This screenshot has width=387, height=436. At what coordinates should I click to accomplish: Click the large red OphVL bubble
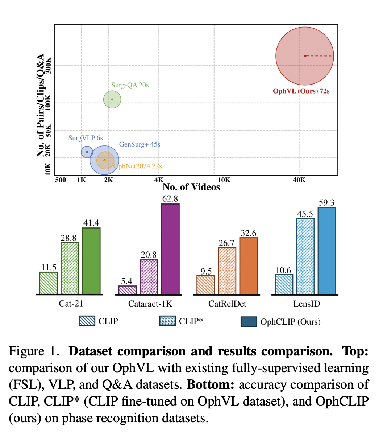tap(304, 56)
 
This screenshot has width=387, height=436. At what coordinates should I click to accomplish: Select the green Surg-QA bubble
tap(112, 99)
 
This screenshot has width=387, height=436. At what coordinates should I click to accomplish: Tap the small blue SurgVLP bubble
tap(87, 152)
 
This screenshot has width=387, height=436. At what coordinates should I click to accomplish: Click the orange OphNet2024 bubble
tap(105, 160)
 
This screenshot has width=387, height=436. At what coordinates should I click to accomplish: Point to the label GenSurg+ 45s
tap(140, 144)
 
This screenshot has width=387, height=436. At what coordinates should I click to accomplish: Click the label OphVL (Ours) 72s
tap(301, 91)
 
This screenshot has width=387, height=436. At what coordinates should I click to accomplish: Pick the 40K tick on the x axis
tap(299, 180)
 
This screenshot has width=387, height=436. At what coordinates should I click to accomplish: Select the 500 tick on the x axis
tap(61, 180)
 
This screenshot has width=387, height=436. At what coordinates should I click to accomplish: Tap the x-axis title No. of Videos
tap(191, 187)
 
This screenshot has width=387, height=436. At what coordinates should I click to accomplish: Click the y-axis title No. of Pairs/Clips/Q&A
tap(41, 105)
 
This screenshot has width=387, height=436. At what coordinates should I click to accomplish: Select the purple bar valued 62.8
tap(170, 249)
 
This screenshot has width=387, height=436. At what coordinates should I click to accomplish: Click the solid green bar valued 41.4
tap(91, 261)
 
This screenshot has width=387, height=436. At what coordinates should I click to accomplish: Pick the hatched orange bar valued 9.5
tap(205, 285)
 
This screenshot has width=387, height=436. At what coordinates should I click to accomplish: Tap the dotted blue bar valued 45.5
tap(305, 256)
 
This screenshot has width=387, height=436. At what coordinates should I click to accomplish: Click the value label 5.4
tap(127, 281)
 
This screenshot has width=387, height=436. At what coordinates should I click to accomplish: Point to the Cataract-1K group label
tap(150, 304)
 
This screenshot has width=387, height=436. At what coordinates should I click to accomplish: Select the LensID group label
tap(307, 304)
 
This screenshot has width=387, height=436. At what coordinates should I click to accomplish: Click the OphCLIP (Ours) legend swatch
tap(249, 322)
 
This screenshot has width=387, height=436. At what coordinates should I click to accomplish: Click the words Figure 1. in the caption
tap(34, 351)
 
